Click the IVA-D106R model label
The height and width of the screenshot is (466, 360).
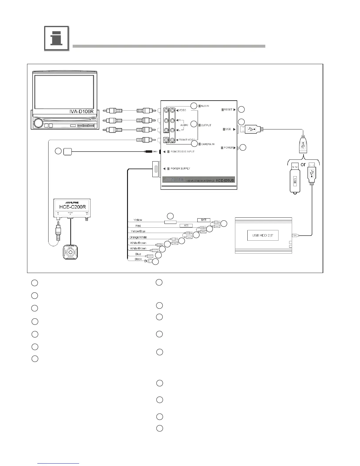pyautogui.click(x=81, y=112)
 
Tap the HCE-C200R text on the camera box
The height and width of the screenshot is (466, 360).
pyautogui.click(x=73, y=207)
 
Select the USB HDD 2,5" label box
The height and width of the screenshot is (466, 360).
pyautogui.click(x=262, y=235)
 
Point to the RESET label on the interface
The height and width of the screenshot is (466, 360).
pyautogui.click(x=228, y=110)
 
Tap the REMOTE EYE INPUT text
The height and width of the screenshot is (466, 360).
pyautogui.click(x=182, y=152)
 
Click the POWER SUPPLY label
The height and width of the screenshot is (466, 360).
pyautogui.click(x=180, y=169)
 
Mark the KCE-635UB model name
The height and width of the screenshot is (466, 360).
pyautogui.click(x=225, y=180)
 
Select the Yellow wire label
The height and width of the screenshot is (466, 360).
pyautogui.click(x=138, y=220)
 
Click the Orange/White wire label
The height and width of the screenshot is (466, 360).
pyautogui.click(x=138, y=237)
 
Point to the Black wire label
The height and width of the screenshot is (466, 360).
pyautogui.click(x=138, y=259)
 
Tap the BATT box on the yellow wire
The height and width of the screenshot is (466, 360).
pyautogui.click(x=204, y=220)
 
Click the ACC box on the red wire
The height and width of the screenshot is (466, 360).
pyautogui.click(x=186, y=226)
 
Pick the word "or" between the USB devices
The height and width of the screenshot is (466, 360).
pyautogui.click(x=303, y=165)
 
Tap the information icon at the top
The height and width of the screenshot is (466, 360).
pyautogui.click(x=56, y=39)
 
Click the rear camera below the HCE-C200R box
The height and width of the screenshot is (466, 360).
pyautogui.click(x=70, y=252)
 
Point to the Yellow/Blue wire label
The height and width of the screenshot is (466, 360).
pyautogui.click(x=138, y=231)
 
